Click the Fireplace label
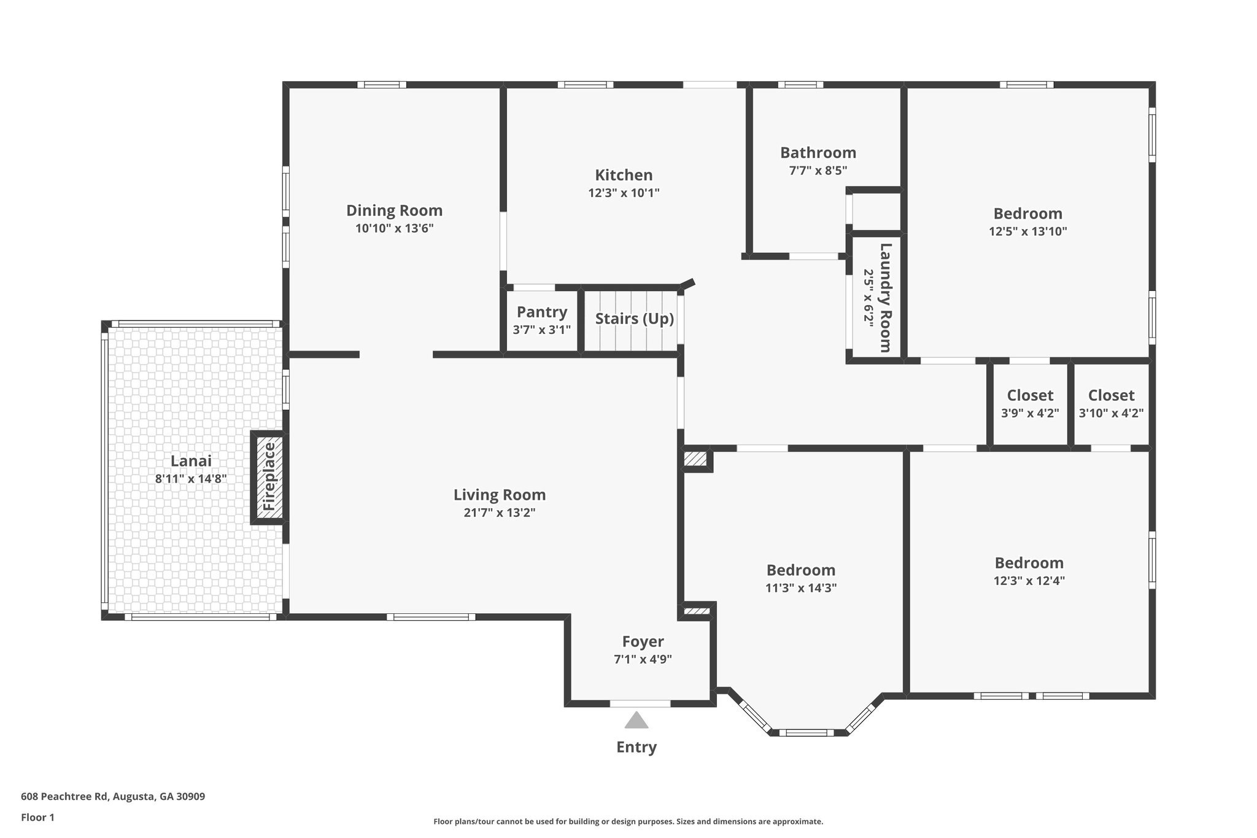269,477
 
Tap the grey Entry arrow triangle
636,720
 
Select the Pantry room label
541,312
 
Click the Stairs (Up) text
634,319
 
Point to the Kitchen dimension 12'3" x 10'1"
624,193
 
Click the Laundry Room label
885,298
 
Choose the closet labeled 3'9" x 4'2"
1030,403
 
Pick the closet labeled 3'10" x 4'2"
1111,403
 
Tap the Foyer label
643,642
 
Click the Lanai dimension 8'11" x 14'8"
191,479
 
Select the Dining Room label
394,211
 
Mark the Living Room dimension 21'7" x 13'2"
500,513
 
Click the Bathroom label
818,152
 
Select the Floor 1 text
37,817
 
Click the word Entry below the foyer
636,747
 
